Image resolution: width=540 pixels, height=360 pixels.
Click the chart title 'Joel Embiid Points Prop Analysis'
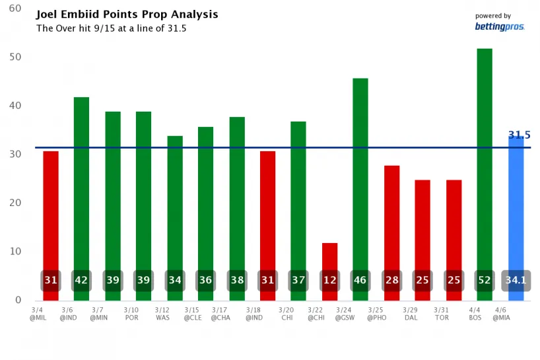127,15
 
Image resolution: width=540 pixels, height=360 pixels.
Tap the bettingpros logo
500,26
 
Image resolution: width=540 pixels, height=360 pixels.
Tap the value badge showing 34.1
516,281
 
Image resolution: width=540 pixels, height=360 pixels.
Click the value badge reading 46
360,281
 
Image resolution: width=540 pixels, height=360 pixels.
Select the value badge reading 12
330,281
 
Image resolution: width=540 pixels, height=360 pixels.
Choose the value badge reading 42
82,281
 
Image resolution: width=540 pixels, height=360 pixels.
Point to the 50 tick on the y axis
15,57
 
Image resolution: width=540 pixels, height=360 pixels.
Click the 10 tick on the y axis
15,252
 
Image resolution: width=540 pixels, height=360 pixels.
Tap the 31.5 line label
519,135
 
